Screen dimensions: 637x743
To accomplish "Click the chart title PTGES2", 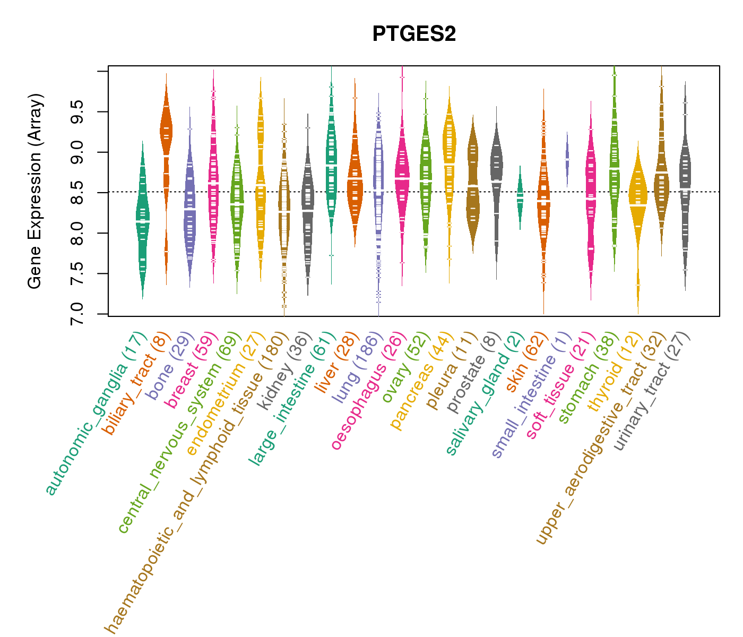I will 414,34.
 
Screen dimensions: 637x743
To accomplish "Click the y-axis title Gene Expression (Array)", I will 35,192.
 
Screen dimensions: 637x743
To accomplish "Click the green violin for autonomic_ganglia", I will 142,223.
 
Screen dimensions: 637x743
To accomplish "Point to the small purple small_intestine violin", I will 567,159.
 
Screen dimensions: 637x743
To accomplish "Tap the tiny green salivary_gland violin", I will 520,197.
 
